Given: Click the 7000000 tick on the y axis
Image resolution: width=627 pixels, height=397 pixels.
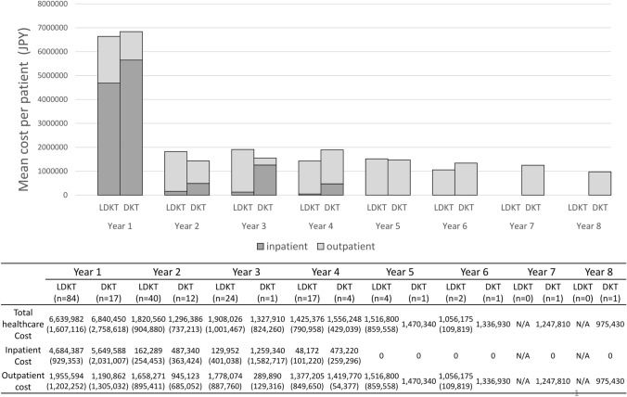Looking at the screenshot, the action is click(x=52, y=28).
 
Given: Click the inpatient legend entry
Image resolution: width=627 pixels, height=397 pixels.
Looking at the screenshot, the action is click(x=282, y=247).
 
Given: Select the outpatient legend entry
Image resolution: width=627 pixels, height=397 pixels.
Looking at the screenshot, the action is click(x=346, y=247).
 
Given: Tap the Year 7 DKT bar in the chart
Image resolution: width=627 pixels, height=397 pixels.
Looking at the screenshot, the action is click(x=532, y=180).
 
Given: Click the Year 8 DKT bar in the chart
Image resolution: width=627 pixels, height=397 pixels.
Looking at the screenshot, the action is click(x=599, y=184).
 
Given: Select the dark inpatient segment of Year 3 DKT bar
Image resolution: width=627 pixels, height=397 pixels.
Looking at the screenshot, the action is click(x=264, y=180).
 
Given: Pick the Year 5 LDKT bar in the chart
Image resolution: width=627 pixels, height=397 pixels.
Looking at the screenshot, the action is click(x=377, y=177).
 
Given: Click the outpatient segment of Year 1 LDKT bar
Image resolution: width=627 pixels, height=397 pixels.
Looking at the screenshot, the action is click(x=109, y=59).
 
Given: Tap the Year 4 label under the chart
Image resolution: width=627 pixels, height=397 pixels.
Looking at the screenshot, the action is click(x=321, y=226).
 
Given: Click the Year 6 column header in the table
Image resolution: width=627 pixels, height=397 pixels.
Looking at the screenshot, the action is click(x=474, y=272).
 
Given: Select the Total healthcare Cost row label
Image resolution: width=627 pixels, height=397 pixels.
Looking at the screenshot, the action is click(x=23, y=324).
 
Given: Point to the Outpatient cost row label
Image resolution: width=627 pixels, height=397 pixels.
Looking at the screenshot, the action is click(x=23, y=381).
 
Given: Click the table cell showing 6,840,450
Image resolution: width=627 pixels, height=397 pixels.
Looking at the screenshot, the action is click(x=109, y=319).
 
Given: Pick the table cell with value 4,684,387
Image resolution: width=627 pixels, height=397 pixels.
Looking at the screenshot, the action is click(x=67, y=351).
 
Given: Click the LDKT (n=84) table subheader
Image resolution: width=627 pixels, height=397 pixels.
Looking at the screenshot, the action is click(x=67, y=292).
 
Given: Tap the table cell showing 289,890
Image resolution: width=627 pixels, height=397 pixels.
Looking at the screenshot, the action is click(x=267, y=377).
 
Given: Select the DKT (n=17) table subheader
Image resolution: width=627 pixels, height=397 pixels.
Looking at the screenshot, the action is click(x=109, y=292).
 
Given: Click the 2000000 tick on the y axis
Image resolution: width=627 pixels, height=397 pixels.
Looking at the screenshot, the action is click(x=52, y=147).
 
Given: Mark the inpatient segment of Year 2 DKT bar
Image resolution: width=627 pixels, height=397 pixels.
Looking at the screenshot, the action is click(x=198, y=189).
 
